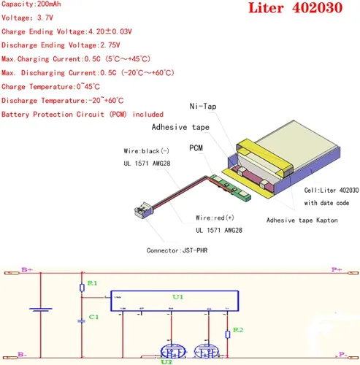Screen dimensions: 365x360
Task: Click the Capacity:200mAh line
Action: click(x=34, y=4)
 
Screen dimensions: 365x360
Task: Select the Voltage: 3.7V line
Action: click(x=28, y=18)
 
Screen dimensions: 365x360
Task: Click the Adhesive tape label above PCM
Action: click(x=180, y=126)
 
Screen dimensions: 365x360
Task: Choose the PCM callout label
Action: click(x=196, y=148)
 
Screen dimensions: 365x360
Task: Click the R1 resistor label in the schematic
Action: click(x=91, y=282)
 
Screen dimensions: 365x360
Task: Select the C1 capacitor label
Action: click(x=93, y=318)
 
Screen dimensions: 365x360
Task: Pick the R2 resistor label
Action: click(x=237, y=332)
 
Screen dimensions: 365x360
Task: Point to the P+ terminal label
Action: click(x=335, y=270)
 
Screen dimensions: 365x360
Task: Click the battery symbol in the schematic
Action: click(x=40, y=312)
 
